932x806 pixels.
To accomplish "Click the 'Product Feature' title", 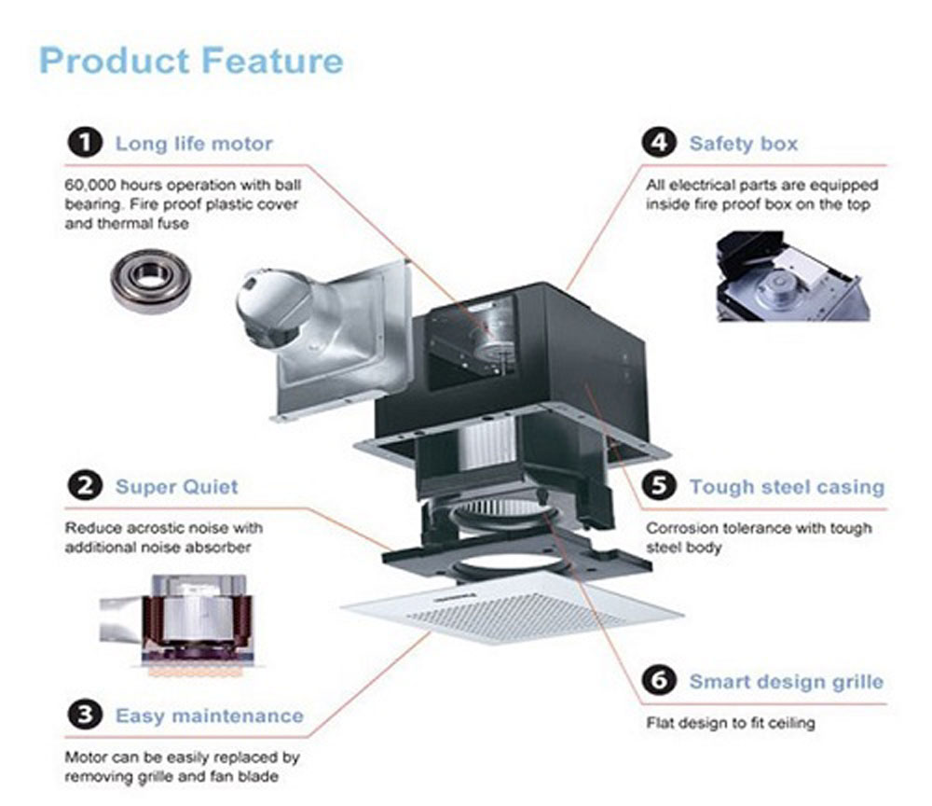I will [x=191, y=62].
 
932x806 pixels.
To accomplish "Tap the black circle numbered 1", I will [x=85, y=144].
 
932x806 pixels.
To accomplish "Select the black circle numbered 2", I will [x=85, y=486].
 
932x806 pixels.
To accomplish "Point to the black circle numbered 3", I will [x=85, y=716].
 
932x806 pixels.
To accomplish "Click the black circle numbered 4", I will [x=659, y=144].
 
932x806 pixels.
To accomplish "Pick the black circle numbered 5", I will [x=659, y=486].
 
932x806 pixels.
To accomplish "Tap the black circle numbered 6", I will [x=659, y=680].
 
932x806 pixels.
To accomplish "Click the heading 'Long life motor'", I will [x=194, y=144].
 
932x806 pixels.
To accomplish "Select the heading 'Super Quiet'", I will [x=177, y=486].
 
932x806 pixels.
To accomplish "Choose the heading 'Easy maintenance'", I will [x=210, y=716].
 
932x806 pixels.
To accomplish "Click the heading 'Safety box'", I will [x=744, y=144].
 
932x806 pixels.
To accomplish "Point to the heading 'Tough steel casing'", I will [x=787, y=486].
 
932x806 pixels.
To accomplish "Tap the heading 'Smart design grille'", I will [x=786, y=680].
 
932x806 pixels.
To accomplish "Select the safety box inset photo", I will [x=792, y=277].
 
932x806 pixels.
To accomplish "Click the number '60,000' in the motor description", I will [x=91, y=185].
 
